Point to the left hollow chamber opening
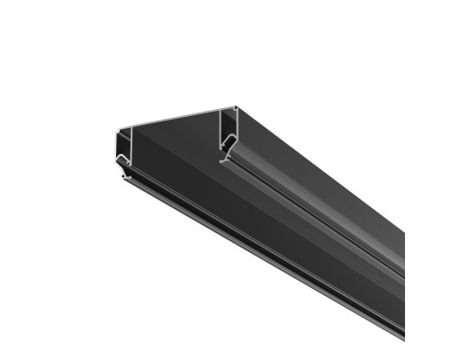click(x=123, y=144)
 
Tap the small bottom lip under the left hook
click(x=125, y=175)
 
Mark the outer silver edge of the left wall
click(x=116, y=148)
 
